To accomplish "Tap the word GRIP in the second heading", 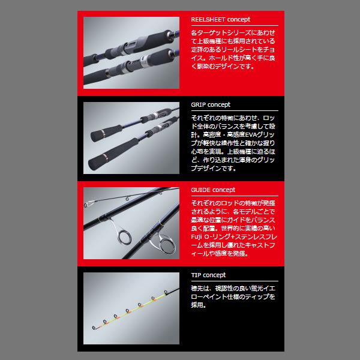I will (x=199, y=104).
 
